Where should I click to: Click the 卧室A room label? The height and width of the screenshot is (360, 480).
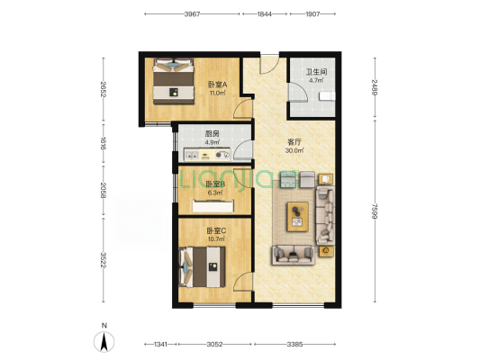tap(217, 84)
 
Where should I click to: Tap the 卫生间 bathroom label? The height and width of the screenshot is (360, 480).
tap(316, 72)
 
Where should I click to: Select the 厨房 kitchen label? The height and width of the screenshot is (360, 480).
tap(213, 134)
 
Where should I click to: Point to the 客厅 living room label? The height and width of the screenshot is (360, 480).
tap(294, 142)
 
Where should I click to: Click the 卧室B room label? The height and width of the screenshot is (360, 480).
tap(215, 184)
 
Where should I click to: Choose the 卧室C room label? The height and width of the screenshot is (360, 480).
tap(216, 231)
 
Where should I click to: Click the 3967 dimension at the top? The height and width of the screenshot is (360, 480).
tap(192, 14)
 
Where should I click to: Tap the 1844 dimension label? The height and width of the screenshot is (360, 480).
tap(265, 14)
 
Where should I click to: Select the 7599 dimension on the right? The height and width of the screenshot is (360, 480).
tap(374, 211)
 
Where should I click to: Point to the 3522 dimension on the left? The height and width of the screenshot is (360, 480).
tap(104, 260)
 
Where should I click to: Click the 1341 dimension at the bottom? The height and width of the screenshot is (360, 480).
tap(160, 345)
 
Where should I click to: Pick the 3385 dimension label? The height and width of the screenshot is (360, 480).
tap(294, 345)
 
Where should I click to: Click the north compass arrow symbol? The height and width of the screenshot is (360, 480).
tap(104, 342)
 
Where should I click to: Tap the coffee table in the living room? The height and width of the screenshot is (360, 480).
tap(297, 216)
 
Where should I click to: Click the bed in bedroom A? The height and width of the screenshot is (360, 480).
tap(174, 81)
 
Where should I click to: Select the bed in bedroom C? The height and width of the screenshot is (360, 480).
tap(202, 266)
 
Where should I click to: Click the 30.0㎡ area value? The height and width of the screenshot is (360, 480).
tap(294, 150)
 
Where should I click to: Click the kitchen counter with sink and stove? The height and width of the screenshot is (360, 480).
tap(207, 155)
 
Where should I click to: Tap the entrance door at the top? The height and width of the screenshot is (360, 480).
tap(269, 65)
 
